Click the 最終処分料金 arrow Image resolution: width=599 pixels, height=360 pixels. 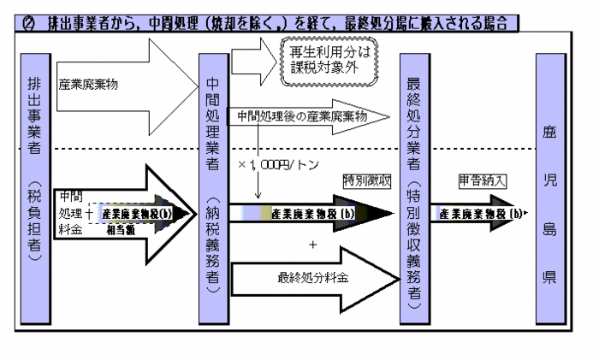(317, 278)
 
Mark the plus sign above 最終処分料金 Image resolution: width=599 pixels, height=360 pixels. (313, 245)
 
